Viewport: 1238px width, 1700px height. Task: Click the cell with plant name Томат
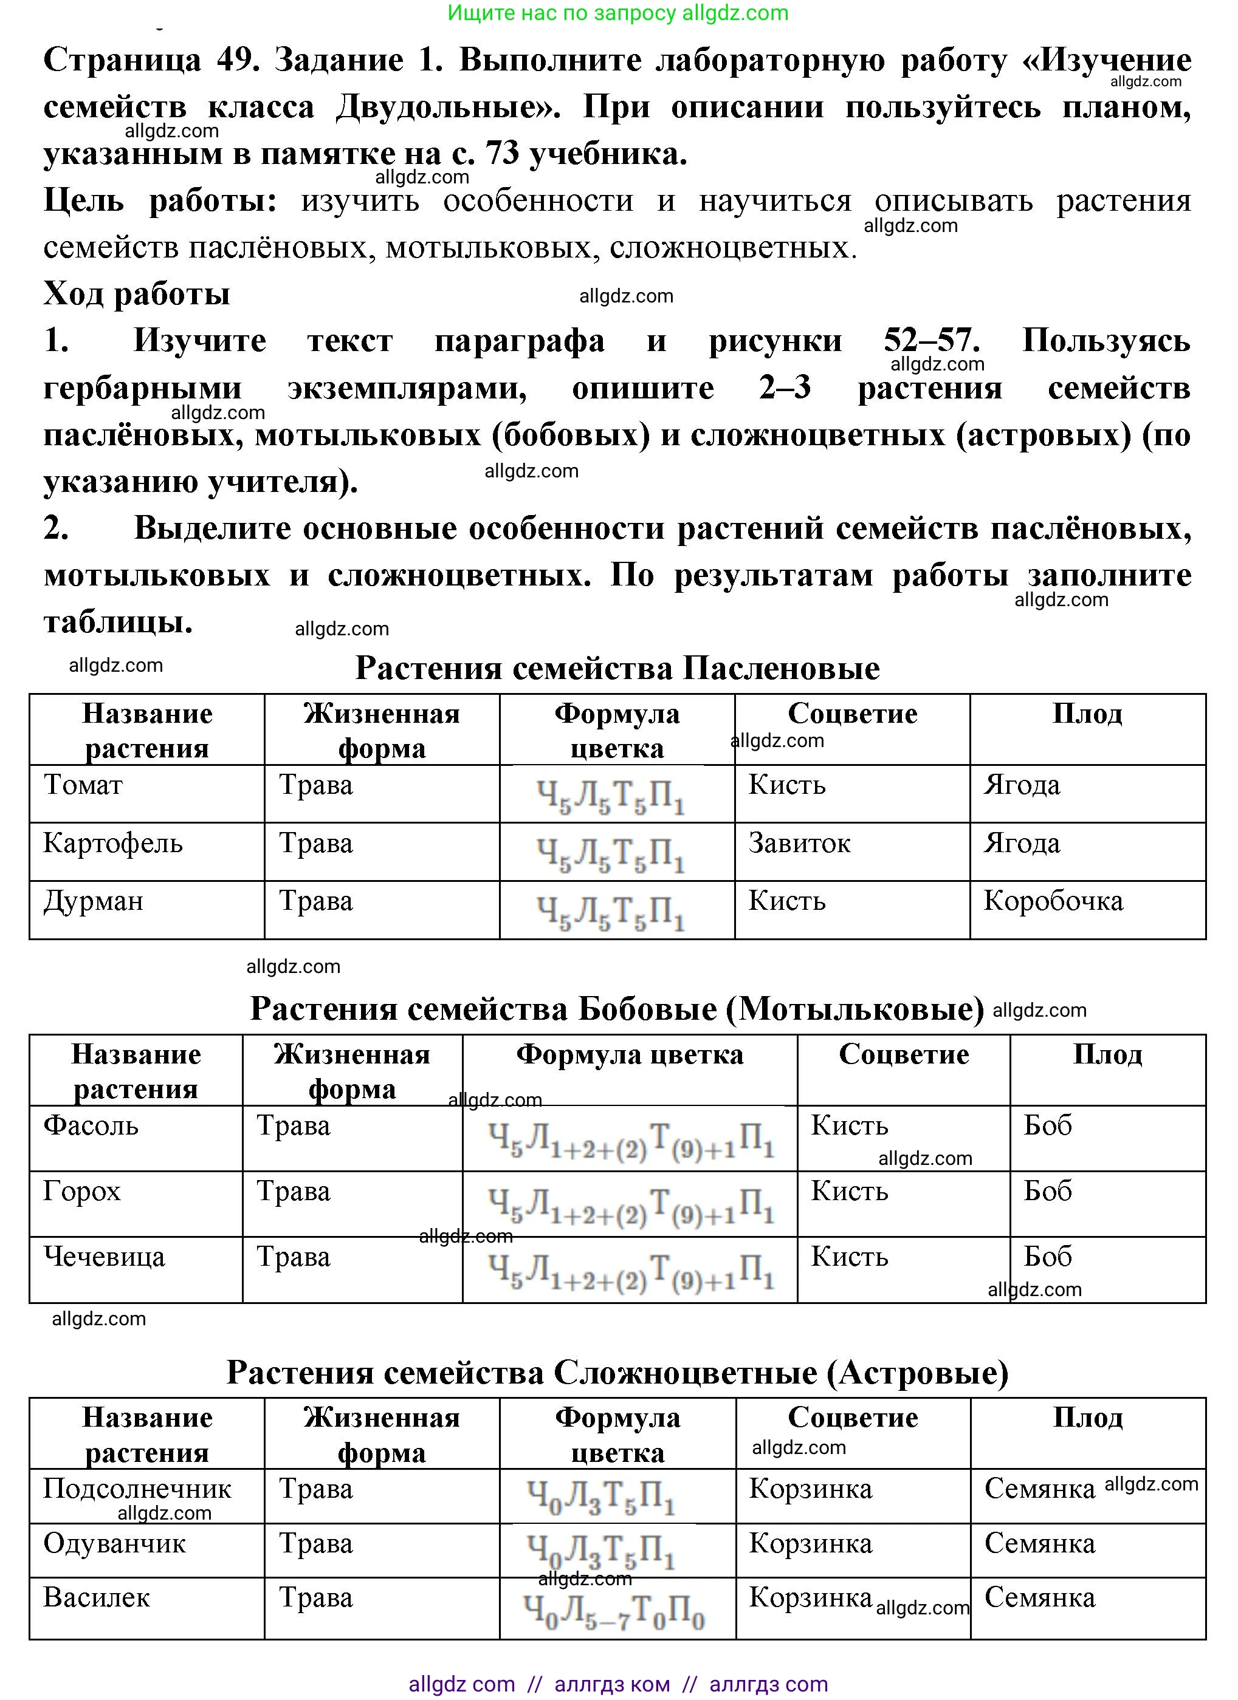pos(83,785)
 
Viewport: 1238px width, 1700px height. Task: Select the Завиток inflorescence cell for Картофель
pos(799,843)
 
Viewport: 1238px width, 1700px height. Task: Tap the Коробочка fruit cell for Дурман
pos(1053,901)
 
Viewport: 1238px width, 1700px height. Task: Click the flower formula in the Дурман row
pos(610,912)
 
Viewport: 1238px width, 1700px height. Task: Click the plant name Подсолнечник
pos(137,1489)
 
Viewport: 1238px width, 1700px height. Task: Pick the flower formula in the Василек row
pos(613,1611)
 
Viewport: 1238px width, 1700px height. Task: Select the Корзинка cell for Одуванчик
pos(811,1543)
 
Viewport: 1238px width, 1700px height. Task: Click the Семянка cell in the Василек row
pos(1039,1597)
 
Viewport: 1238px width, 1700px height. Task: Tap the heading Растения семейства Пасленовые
pos(617,668)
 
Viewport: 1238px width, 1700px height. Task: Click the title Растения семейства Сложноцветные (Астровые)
pos(617,1373)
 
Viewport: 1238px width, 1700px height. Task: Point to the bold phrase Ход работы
pos(137,294)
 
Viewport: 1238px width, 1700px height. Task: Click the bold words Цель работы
pos(160,200)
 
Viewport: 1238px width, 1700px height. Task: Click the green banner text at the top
pos(618,13)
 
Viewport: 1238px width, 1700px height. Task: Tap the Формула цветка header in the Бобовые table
pos(630,1054)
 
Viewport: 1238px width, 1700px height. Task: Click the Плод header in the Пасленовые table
pos(1087,714)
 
